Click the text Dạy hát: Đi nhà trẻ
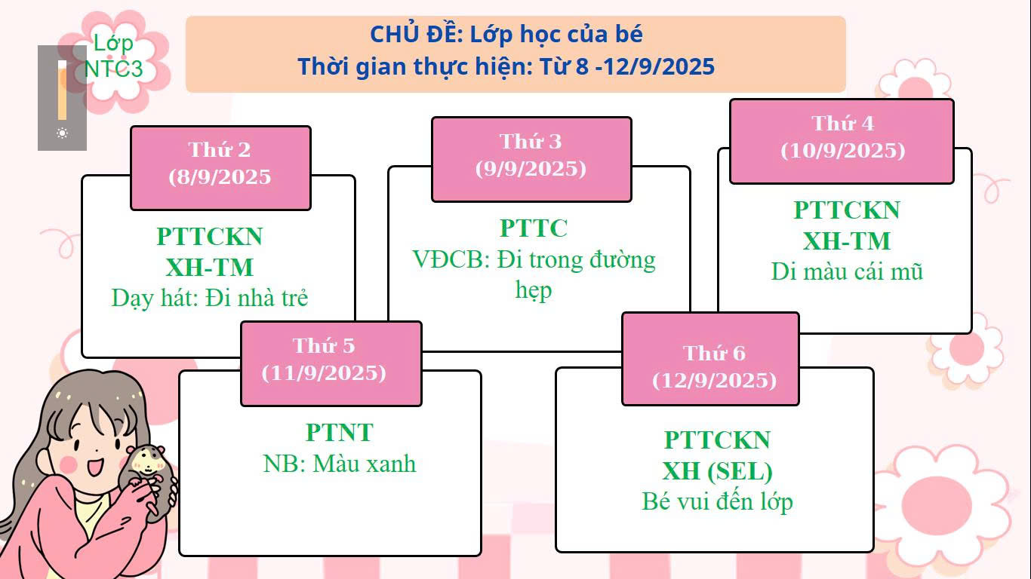pyautogui.click(x=210, y=298)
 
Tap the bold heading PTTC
pyautogui.click(x=534, y=228)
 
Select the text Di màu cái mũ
pyautogui.click(x=847, y=271)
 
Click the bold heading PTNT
pyautogui.click(x=340, y=433)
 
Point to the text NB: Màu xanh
pyautogui.click(x=340, y=463)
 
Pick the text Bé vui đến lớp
pyautogui.click(x=717, y=501)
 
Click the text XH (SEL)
pyautogui.click(x=717, y=471)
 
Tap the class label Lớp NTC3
pyautogui.click(x=113, y=56)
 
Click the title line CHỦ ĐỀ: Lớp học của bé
pyautogui.click(x=506, y=35)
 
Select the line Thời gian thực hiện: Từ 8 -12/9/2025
pyautogui.click(x=506, y=66)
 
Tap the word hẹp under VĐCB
pyautogui.click(x=534, y=290)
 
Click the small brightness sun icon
pyautogui.click(x=62, y=133)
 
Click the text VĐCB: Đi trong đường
pyautogui.click(x=534, y=260)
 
